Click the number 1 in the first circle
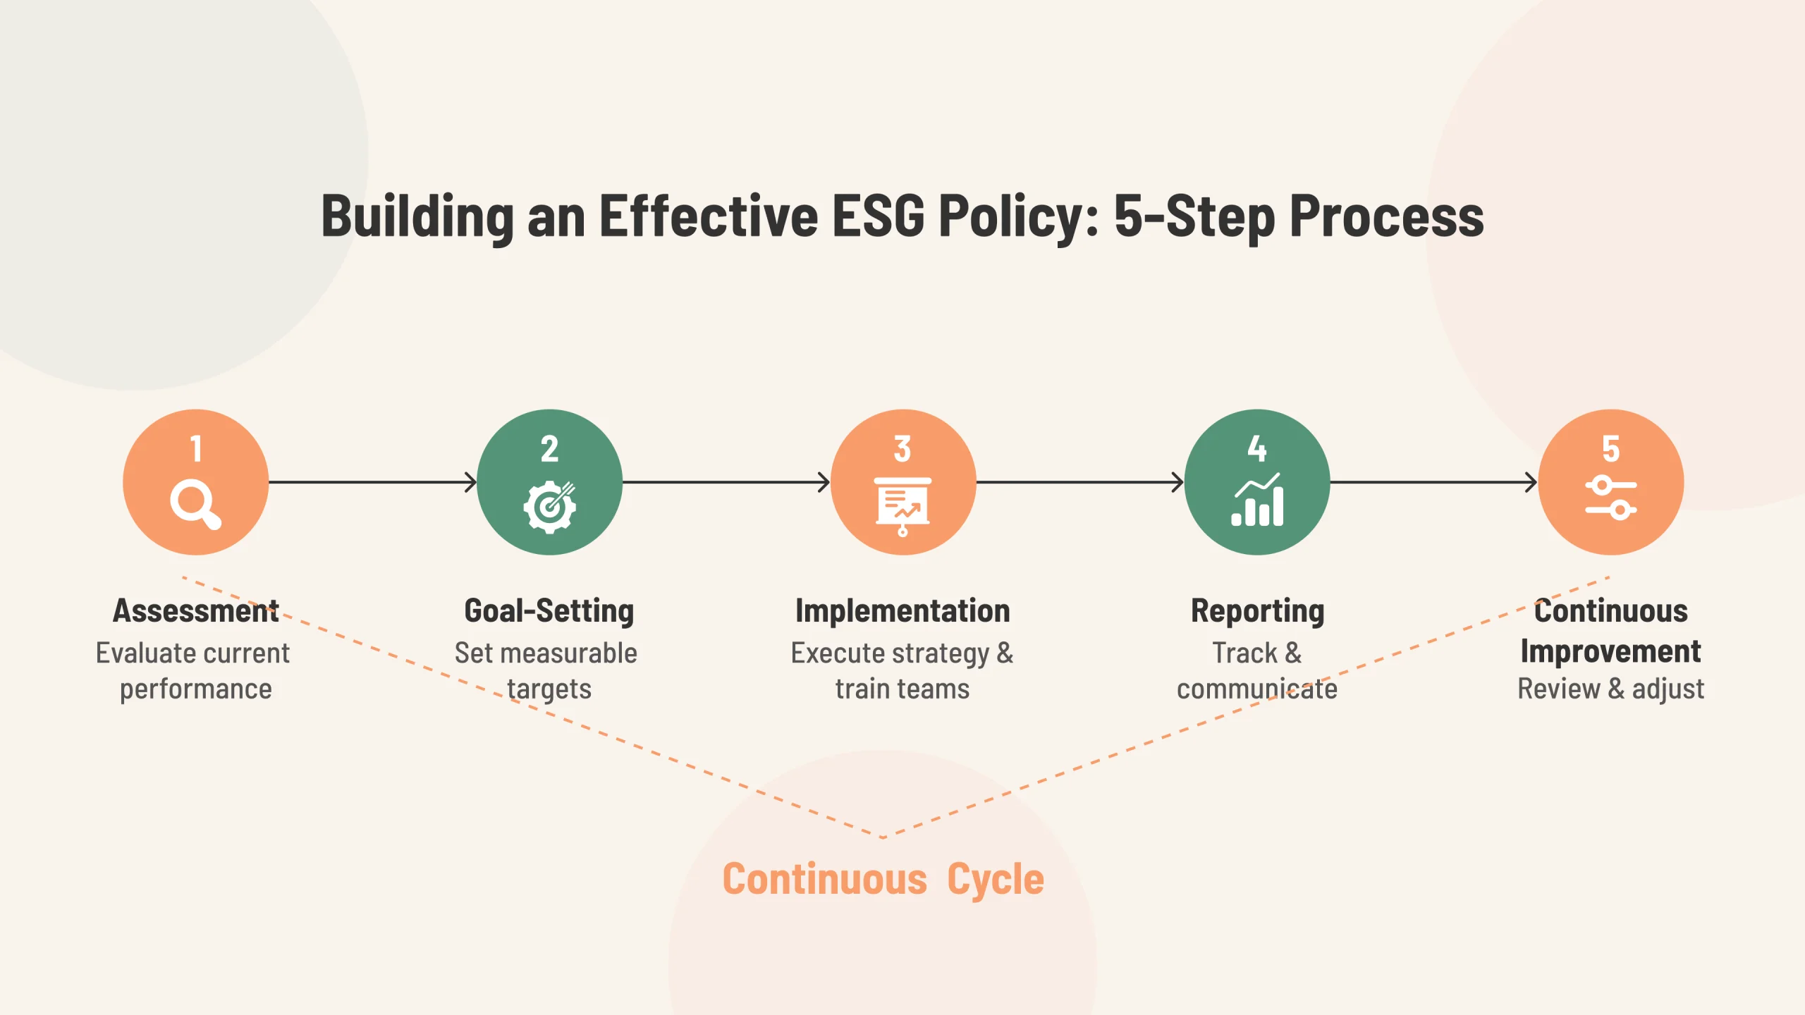[196, 449]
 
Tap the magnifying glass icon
[195, 504]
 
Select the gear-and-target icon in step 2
[549, 507]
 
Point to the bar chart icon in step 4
[1257, 501]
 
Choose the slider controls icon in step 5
[1610, 498]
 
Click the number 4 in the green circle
[1256, 449]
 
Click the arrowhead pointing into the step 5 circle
[1531, 482]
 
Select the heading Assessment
[196, 611]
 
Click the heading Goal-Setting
[549, 611]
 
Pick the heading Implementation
[902, 611]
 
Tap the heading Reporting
[1257, 611]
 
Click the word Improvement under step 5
[1610, 651]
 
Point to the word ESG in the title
[878, 216]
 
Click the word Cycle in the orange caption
[995, 879]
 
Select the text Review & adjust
[1610, 689]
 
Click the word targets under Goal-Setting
[549, 689]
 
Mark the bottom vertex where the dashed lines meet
[883, 837]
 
